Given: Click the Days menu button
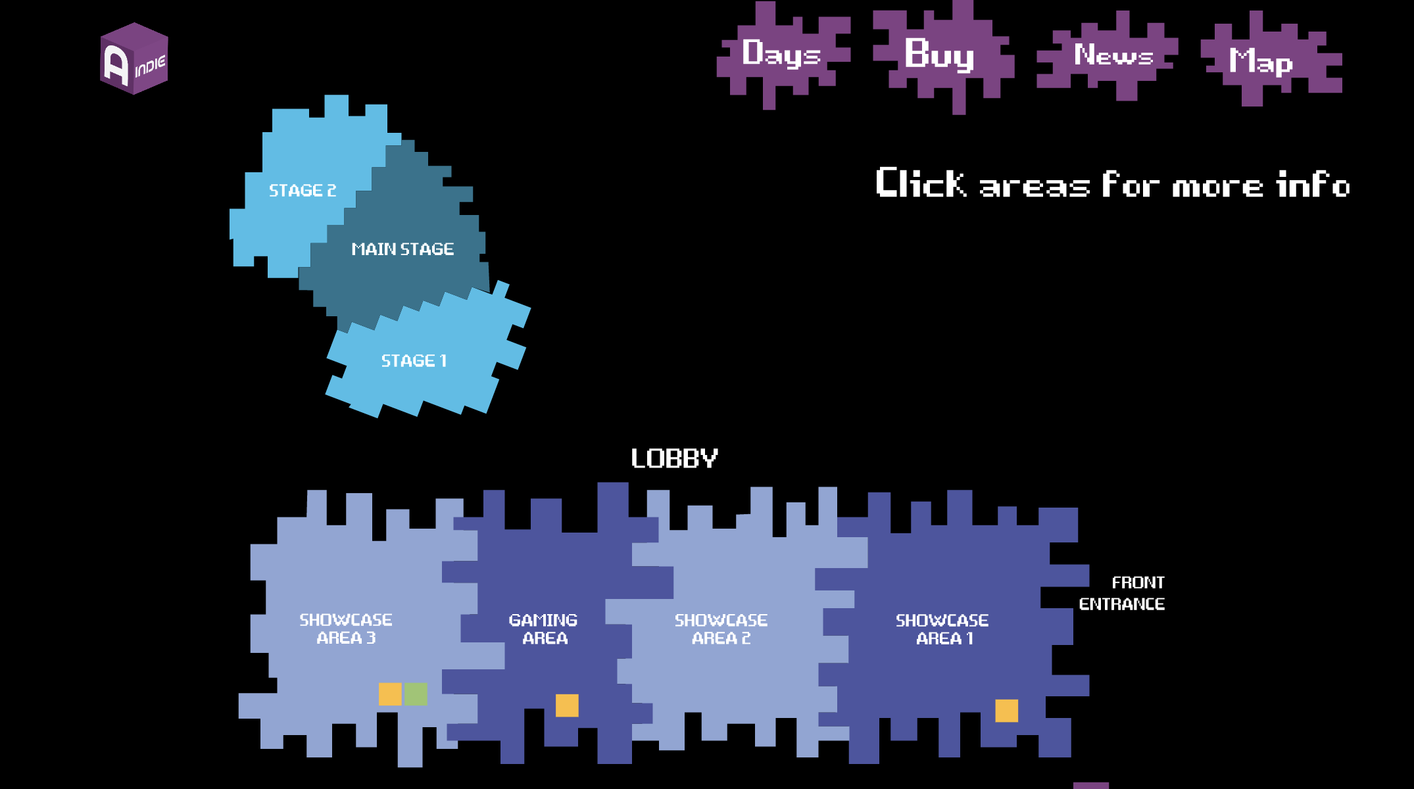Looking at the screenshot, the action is coord(781,54).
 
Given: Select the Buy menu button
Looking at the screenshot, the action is coord(939,54).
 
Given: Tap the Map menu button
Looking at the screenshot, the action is coord(1261,61).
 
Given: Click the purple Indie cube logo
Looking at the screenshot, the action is coord(134,59).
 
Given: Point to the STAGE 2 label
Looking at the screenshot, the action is coord(303,191).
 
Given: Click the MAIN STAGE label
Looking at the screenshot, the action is coord(402,249).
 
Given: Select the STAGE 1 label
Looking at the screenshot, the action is coord(414,361).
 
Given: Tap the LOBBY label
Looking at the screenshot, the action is coord(674,458).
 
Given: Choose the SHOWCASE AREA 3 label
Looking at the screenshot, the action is coord(346,629).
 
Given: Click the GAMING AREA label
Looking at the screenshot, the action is coord(544,629).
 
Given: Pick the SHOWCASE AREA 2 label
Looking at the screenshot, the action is coord(721,629).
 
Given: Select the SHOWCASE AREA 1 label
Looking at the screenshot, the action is coord(942,629).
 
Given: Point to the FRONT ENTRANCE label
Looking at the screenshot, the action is coord(1123,593).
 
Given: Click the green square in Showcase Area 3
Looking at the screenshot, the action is coord(416,694).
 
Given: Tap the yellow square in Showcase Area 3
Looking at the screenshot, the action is coord(390,694).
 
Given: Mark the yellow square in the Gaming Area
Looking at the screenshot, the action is coord(567,705).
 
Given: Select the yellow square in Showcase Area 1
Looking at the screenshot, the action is coord(1006,711).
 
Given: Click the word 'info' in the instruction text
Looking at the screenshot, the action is coord(1313,185).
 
